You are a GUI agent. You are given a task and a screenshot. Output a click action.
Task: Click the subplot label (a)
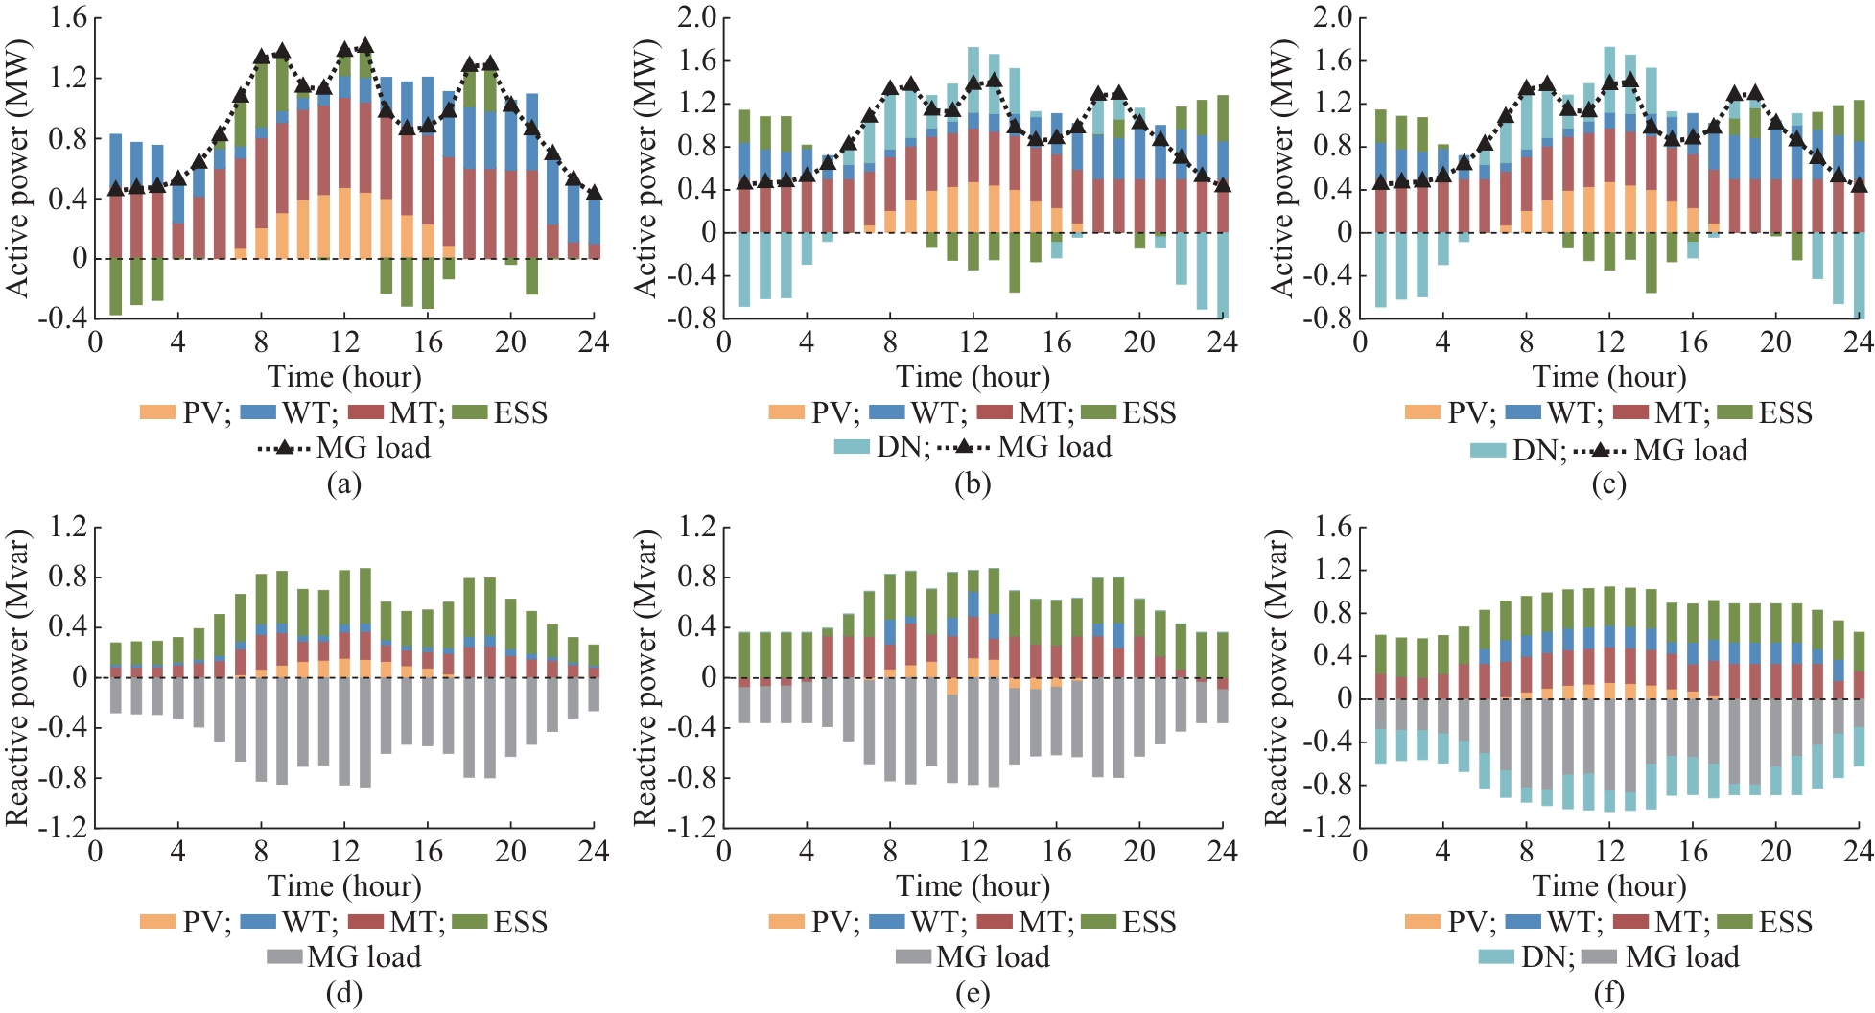click(x=343, y=483)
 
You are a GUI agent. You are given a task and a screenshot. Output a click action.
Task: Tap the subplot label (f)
click(x=1608, y=993)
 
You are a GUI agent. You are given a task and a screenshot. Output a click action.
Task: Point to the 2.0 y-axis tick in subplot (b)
click(x=696, y=18)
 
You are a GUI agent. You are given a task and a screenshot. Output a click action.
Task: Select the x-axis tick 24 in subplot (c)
click(x=1859, y=342)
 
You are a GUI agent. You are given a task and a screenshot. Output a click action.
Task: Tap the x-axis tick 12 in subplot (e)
click(x=973, y=852)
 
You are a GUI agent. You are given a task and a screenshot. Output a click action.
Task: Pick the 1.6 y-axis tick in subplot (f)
click(x=1332, y=528)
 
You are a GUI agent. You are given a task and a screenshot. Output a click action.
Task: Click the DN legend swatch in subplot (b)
click(x=852, y=447)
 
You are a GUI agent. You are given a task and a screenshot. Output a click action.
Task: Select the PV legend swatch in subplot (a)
click(x=157, y=413)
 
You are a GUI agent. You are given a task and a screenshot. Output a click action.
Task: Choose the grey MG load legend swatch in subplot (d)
click(x=284, y=957)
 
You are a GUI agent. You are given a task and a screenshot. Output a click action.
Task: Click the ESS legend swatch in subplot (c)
click(x=1734, y=413)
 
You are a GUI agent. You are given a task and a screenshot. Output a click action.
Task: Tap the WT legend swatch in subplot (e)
click(x=886, y=923)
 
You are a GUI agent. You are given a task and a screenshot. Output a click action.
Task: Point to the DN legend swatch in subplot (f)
click(x=1496, y=957)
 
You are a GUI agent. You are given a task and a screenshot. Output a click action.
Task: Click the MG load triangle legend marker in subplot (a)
click(x=284, y=448)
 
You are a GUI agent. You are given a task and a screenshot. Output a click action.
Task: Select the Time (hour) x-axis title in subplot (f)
click(x=1608, y=885)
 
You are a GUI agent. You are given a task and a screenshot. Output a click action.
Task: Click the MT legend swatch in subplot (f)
click(x=1631, y=923)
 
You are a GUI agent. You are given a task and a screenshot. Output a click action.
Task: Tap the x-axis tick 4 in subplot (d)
click(x=177, y=852)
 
